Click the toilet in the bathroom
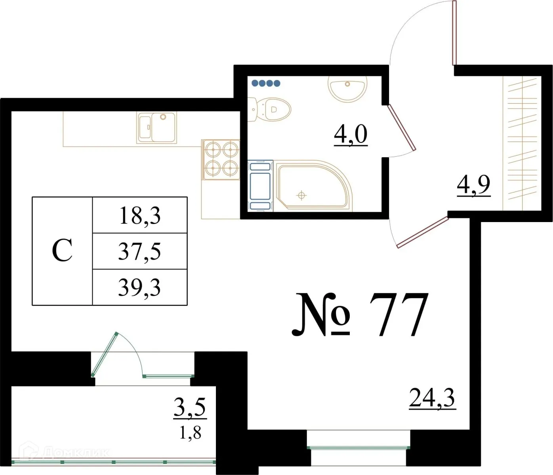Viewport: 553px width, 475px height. [x=271, y=109]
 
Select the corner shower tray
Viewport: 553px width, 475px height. [x=313, y=184]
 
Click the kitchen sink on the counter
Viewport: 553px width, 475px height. [x=157, y=127]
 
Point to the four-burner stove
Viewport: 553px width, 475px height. [x=221, y=159]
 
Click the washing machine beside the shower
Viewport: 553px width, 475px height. [x=260, y=186]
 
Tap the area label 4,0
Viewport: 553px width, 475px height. [x=351, y=135]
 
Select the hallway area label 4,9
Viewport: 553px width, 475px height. [x=474, y=184]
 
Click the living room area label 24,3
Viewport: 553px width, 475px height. [x=432, y=398]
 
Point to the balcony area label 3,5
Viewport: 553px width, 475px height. [x=190, y=407]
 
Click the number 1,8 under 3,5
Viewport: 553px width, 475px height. [x=190, y=433]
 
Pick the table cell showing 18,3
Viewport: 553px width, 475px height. [x=139, y=216]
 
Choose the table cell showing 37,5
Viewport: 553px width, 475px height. [x=139, y=251]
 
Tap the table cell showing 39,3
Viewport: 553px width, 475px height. [x=139, y=287]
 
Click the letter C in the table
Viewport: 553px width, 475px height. [x=62, y=251]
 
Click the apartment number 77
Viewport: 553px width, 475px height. [x=398, y=315]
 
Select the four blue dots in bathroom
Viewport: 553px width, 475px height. [x=266, y=83]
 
